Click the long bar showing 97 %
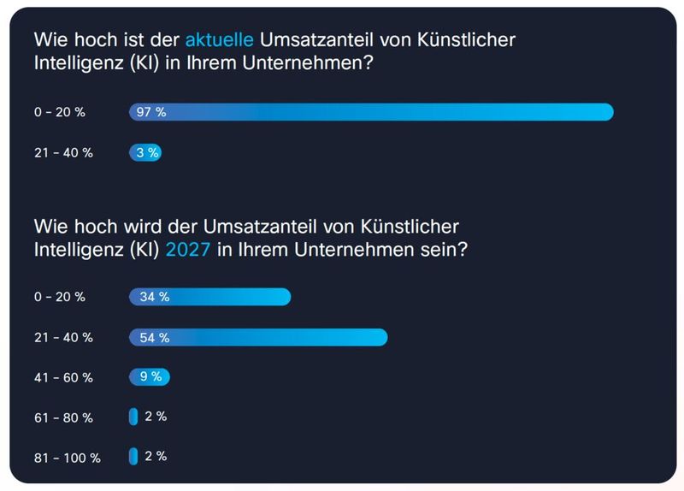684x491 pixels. pyautogui.click(x=371, y=112)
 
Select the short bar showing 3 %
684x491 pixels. pyautogui.click(x=145, y=153)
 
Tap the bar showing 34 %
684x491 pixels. pyautogui.click(x=209, y=297)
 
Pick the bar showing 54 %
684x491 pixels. pyautogui.click(x=258, y=337)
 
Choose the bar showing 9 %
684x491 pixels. pyautogui.click(x=150, y=376)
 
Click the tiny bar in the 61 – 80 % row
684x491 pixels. pyautogui.click(x=133, y=417)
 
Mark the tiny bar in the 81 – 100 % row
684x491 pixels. pyautogui.click(x=133, y=457)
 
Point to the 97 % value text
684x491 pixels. pyautogui.click(x=150, y=112)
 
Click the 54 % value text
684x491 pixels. pyautogui.click(x=155, y=337)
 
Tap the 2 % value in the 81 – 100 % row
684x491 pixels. pyautogui.click(x=156, y=457)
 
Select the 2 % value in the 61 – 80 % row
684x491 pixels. pyautogui.click(x=156, y=417)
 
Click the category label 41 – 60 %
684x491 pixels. pyautogui.click(x=63, y=377)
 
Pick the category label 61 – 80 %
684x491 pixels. pyautogui.click(x=63, y=417)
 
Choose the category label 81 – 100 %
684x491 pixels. pyautogui.click(x=67, y=458)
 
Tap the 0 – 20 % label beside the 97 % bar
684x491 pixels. pyautogui.click(x=60, y=112)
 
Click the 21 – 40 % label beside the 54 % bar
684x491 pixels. pyautogui.click(x=63, y=337)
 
